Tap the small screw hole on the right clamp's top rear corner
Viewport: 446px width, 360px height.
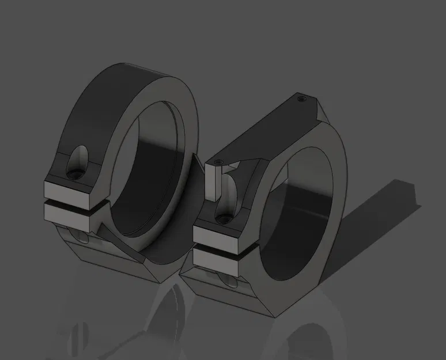pyautogui.click(x=301, y=98)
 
